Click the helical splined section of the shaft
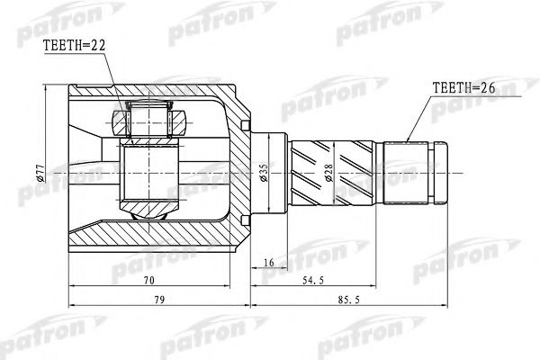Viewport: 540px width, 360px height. pyautogui.click(x=333, y=173)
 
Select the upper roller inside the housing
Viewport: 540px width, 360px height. pyautogui.click(x=148, y=120)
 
